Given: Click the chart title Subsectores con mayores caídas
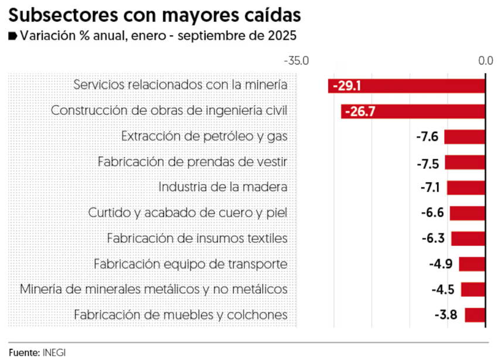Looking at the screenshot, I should click(155, 14).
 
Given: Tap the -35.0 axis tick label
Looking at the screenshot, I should click(296, 60).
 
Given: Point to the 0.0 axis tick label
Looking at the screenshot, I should click(486, 60).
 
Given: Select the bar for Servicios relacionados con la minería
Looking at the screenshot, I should click(422, 86).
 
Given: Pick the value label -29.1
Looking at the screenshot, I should click(346, 86).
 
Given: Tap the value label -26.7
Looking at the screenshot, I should click(360, 111).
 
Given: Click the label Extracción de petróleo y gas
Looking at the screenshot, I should click(204, 136).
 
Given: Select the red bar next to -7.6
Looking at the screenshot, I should click(465, 137).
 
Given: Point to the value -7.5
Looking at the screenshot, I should click(427, 163).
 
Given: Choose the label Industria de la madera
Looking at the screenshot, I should click(223, 187).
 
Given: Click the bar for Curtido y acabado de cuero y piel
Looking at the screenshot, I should click(467, 213).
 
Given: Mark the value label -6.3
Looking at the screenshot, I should click(433, 239).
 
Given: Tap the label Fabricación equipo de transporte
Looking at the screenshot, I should click(190, 264).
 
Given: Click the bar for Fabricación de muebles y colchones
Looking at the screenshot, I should click(475, 315).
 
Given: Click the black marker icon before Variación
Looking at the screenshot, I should click(13, 36).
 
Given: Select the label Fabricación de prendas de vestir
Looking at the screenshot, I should click(192, 161).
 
